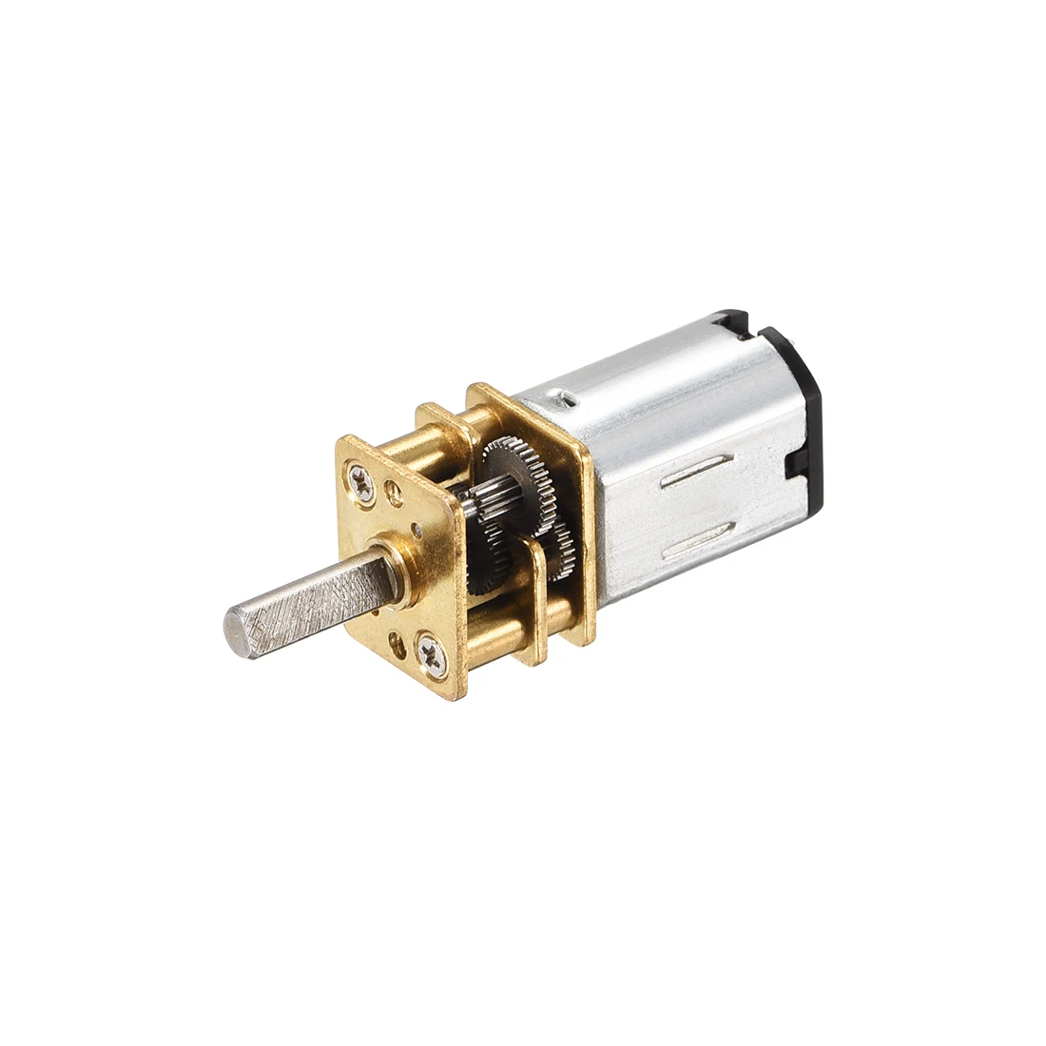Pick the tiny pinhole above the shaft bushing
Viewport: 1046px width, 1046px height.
(x=416, y=525)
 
